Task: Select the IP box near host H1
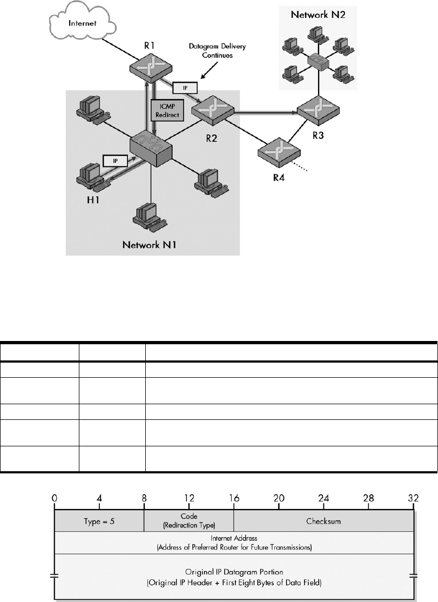tap(111, 160)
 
